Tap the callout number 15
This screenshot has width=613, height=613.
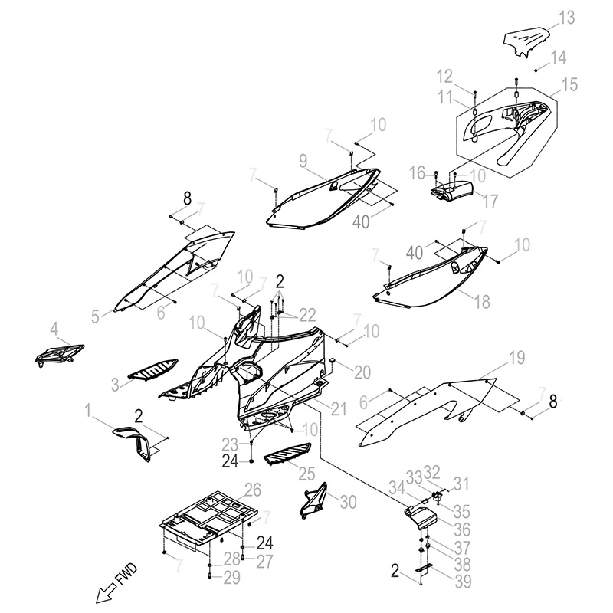(x=569, y=84)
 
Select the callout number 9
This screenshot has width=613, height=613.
(x=303, y=160)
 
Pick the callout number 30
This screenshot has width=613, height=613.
(x=349, y=503)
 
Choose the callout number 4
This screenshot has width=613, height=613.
(x=54, y=329)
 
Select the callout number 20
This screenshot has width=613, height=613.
(x=362, y=371)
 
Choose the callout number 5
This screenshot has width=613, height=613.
(x=96, y=314)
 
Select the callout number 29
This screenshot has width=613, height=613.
(x=231, y=577)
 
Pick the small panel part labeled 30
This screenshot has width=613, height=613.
(x=315, y=502)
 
